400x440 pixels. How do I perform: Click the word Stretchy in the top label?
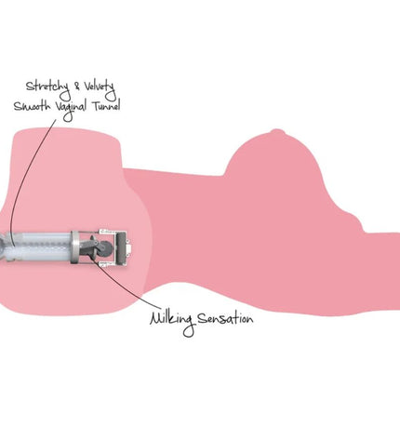47,87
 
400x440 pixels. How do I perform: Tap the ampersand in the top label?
77,87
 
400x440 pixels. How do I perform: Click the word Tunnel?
106,106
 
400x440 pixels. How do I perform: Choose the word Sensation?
225,318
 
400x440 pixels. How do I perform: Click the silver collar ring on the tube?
74,247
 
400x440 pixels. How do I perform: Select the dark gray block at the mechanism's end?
121,247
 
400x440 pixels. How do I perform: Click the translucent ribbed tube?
39,247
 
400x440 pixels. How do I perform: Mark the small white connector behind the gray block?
128,247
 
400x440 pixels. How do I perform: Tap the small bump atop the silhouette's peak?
276,132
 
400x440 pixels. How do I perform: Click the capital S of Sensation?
202,318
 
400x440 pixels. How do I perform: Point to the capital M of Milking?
156,319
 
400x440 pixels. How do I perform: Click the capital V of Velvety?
87,86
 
